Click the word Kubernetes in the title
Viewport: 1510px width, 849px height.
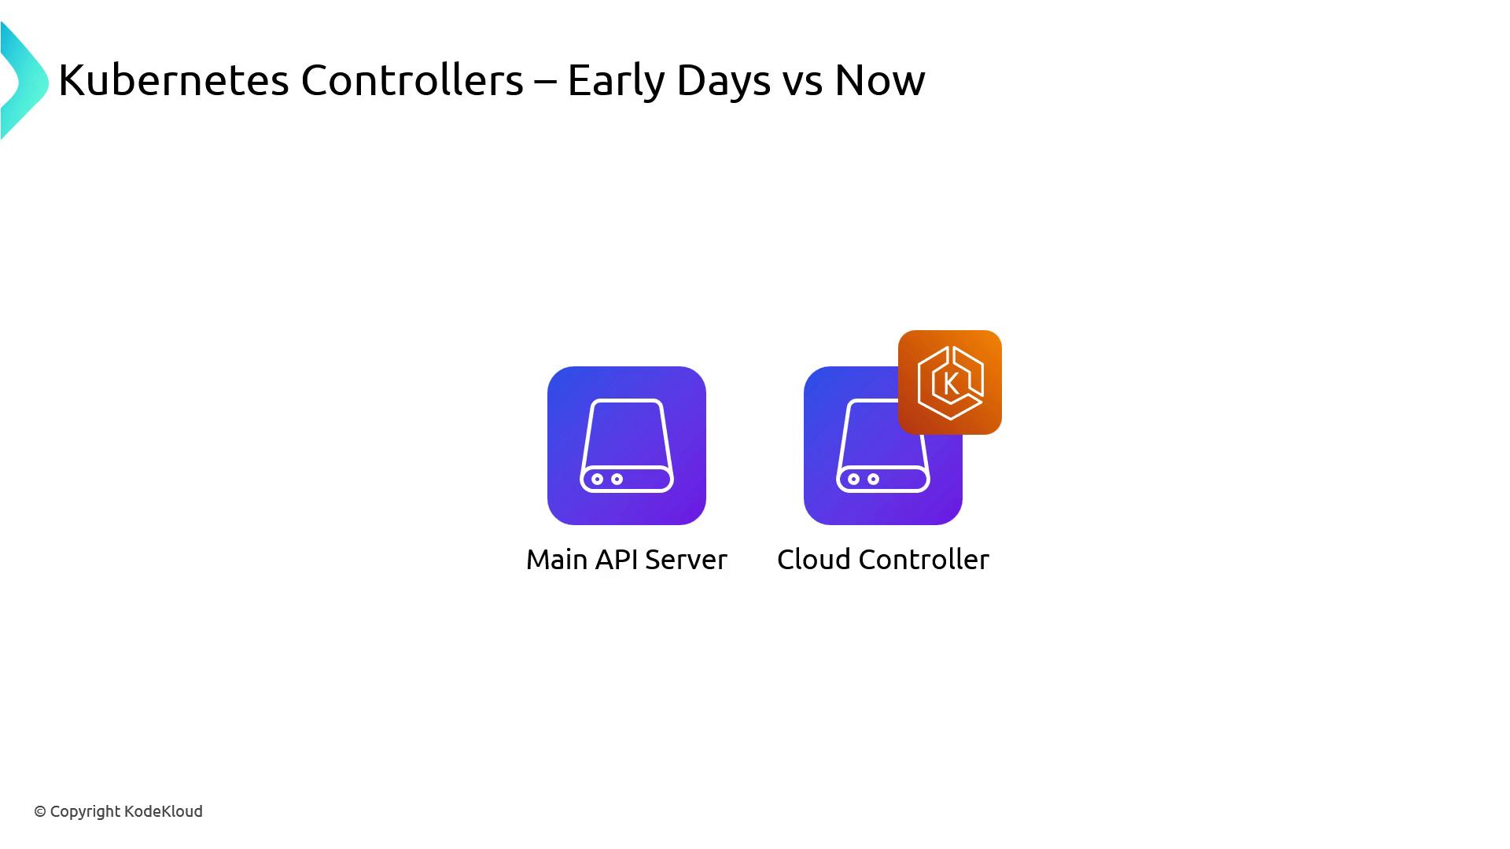pos(174,80)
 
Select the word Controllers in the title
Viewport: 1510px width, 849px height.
pos(412,80)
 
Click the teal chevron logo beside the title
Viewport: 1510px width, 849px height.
pos(24,81)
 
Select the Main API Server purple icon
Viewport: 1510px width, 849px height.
pos(627,446)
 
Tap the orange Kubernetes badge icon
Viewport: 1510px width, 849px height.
pos(950,382)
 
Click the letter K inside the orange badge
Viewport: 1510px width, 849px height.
pos(950,384)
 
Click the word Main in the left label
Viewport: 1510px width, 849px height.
pos(557,560)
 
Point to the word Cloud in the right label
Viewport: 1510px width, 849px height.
pos(814,560)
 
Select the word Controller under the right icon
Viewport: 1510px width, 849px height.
pos(924,560)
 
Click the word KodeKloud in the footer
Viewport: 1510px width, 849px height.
pos(164,811)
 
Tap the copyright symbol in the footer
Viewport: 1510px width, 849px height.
pos(40,812)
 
